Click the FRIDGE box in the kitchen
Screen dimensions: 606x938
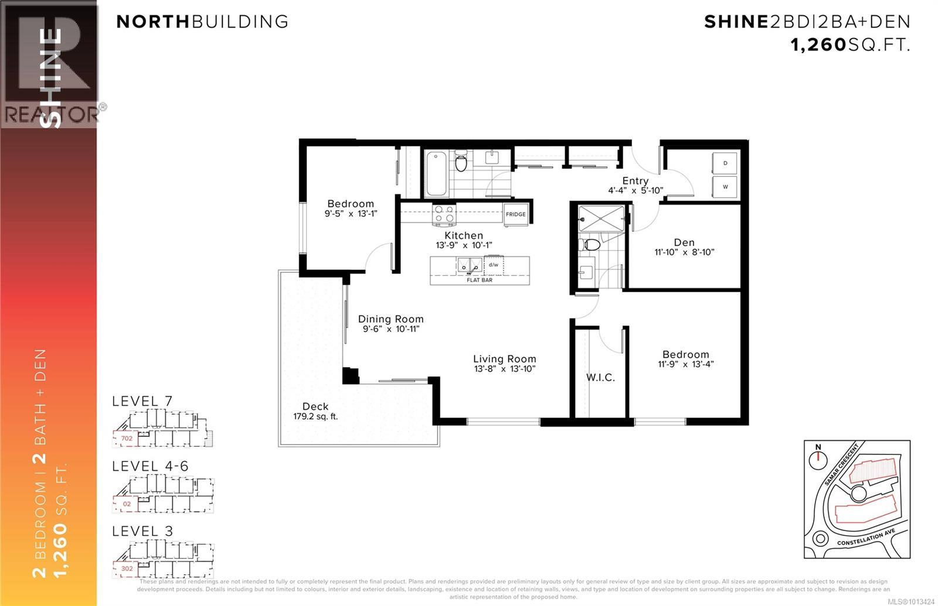516,214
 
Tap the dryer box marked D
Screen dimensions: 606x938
725,163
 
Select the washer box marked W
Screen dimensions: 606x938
725,187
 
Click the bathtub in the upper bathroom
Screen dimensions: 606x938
437,174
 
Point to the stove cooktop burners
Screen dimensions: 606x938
444,214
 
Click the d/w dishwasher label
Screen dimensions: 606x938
494,265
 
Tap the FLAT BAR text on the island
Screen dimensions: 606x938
480,280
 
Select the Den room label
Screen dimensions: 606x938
684,242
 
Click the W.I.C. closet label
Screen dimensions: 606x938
600,378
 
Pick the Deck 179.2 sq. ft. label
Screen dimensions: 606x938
315,411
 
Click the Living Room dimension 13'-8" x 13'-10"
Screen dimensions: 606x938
505,369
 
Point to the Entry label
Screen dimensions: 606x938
635,181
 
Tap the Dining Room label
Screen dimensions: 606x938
390,319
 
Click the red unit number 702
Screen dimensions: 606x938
127,438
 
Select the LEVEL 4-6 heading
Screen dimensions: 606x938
150,466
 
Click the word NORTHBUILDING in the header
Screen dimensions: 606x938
202,22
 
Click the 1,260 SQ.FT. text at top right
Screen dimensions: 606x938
850,45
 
